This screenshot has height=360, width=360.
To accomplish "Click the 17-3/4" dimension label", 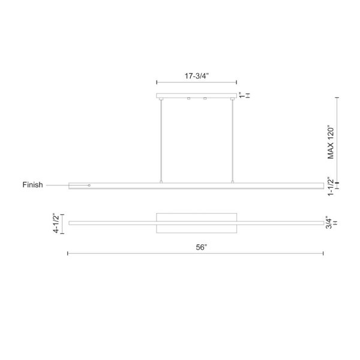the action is pos(197,76).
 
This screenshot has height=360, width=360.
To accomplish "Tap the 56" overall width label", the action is pos(202,247).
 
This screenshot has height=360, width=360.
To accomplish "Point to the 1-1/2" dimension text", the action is pos(331,186).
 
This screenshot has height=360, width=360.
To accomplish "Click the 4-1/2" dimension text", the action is pos(56,223).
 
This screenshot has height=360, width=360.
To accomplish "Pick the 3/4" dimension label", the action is pos(329,223).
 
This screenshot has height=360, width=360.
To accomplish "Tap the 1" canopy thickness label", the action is pos(241,95).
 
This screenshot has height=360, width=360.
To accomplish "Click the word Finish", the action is pos(32,185).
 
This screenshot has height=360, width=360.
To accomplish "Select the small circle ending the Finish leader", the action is pos(89,185).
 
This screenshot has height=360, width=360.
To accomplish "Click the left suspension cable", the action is pos(161,140).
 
